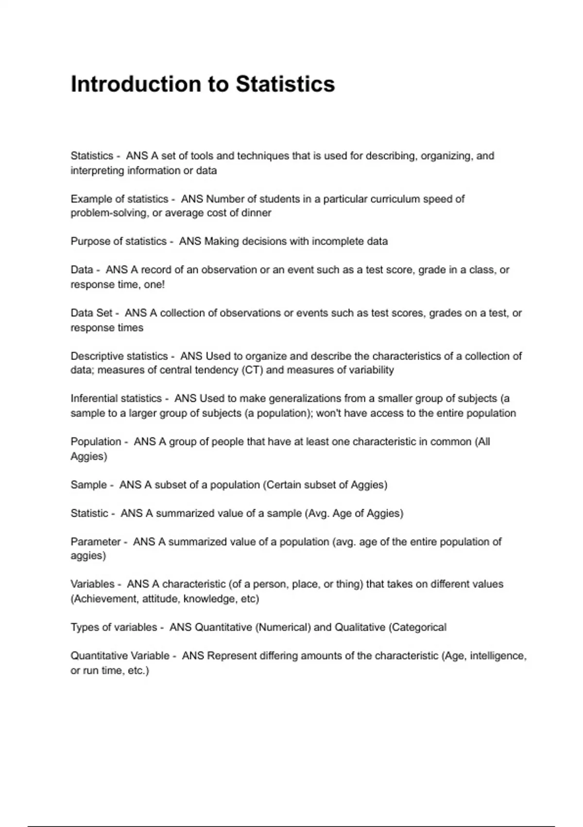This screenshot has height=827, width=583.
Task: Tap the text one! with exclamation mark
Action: (154, 285)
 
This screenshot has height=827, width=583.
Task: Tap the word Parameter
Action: (96, 542)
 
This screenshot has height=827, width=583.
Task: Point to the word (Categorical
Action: (417, 628)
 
